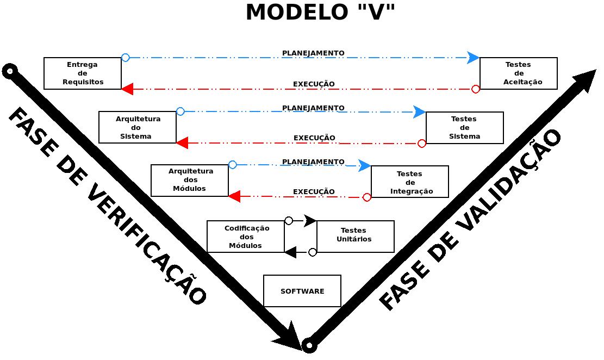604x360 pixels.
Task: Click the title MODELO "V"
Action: pyautogui.click(x=320, y=13)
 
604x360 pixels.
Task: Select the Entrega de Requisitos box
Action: pyautogui.click(x=83, y=73)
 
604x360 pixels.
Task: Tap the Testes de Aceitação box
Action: pyautogui.click(x=518, y=73)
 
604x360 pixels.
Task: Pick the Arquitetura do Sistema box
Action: pyautogui.click(x=138, y=128)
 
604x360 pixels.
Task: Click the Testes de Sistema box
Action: pyautogui.click(x=464, y=128)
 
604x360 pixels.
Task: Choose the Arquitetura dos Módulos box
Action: pyautogui.click(x=190, y=181)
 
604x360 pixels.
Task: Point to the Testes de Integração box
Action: pyautogui.click(x=410, y=182)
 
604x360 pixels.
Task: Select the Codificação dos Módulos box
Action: pyautogui.click(x=246, y=237)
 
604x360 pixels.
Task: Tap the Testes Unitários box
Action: pyautogui.click(x=355, y=237)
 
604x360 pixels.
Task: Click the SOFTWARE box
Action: pyautogui.click(x=302, y=291)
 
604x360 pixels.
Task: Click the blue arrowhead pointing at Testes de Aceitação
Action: pyautogui.click(x=474, y=58)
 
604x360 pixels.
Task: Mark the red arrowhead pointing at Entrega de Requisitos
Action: pyautogui.click(x=127, y=89)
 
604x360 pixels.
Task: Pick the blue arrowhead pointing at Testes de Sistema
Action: pyautogui.click(x=420, y=112)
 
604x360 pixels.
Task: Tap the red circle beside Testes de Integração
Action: pyautogui.click(x=367, y=197)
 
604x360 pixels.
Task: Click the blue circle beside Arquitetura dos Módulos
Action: pyautogui.click(x=233, y=165)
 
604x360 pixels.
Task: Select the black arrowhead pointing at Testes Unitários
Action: pyautogui.click(x=310, y=221)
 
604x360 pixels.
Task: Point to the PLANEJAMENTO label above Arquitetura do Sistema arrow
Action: pyautogui.click(x=313, y=108)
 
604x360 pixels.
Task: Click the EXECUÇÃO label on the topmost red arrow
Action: pyautogui.click(x=314, y=84)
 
